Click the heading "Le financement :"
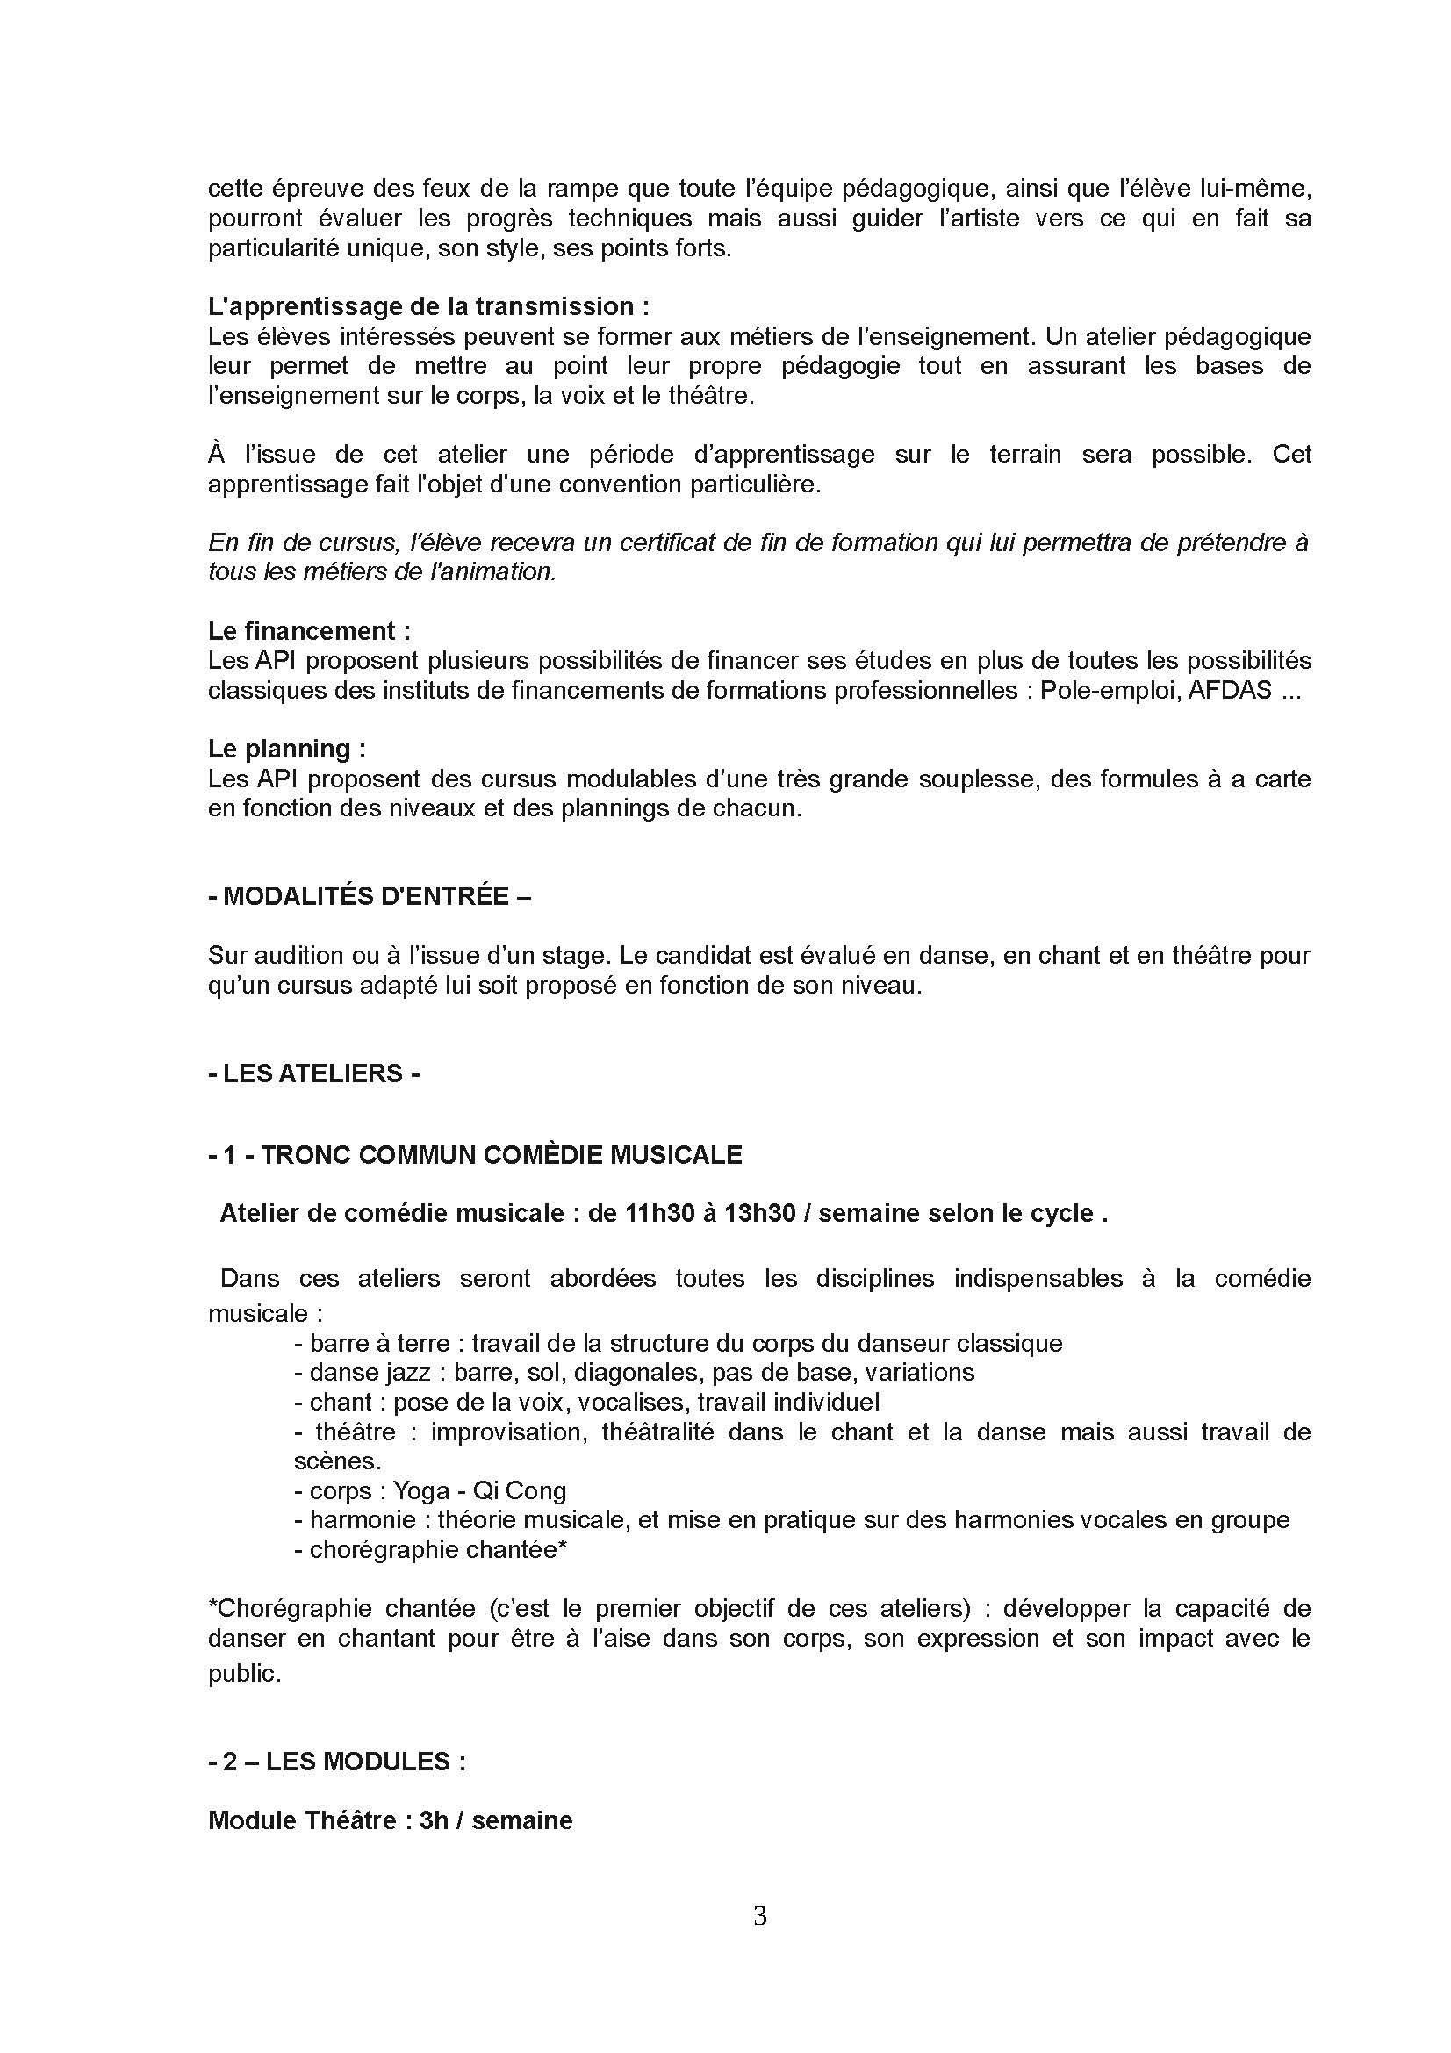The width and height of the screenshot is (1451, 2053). coord(309,631)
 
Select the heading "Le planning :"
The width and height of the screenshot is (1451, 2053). coord(287,749)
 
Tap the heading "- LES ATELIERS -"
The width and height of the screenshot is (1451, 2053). coord(313,1073)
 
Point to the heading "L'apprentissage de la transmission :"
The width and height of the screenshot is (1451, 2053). coord(428,306)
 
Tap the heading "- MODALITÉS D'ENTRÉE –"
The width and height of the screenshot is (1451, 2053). coord(370,896)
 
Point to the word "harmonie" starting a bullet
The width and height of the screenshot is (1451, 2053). coord(362,1520)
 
